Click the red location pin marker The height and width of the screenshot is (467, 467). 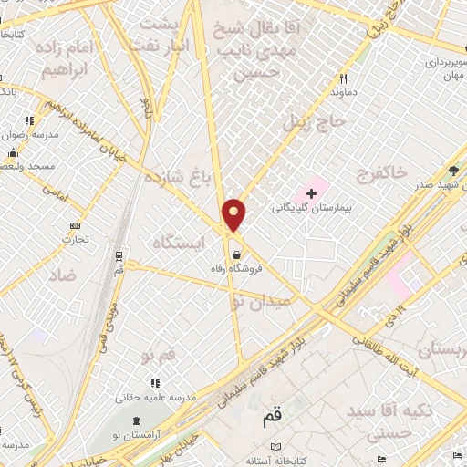coord(235,214)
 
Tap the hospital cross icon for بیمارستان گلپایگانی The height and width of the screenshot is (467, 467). coord(312,193)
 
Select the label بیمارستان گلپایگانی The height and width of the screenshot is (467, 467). coord(317,208)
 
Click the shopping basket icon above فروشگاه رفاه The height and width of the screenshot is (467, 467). coord(237,254)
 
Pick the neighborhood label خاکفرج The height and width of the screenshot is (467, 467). coord(375,172)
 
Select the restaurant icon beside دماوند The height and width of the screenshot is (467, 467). coord(344,78)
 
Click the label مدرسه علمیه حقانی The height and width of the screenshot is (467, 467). coord(152,398)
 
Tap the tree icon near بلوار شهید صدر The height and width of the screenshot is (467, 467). coord(454,171)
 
